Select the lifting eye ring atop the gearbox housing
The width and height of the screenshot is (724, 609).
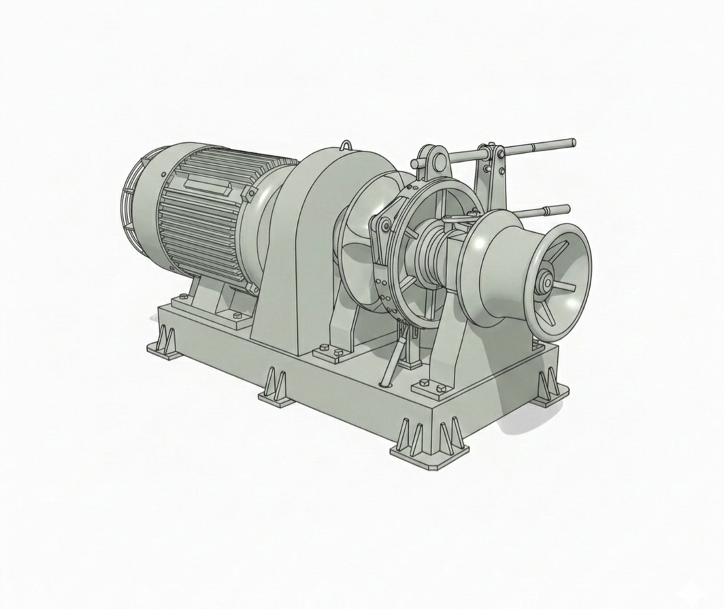point(346,145)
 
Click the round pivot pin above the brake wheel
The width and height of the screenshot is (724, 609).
point(438,163)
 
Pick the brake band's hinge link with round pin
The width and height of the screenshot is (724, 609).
point(384,225)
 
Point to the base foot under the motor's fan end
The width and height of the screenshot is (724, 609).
point(165,343)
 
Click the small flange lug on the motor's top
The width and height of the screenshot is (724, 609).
point(250,195)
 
